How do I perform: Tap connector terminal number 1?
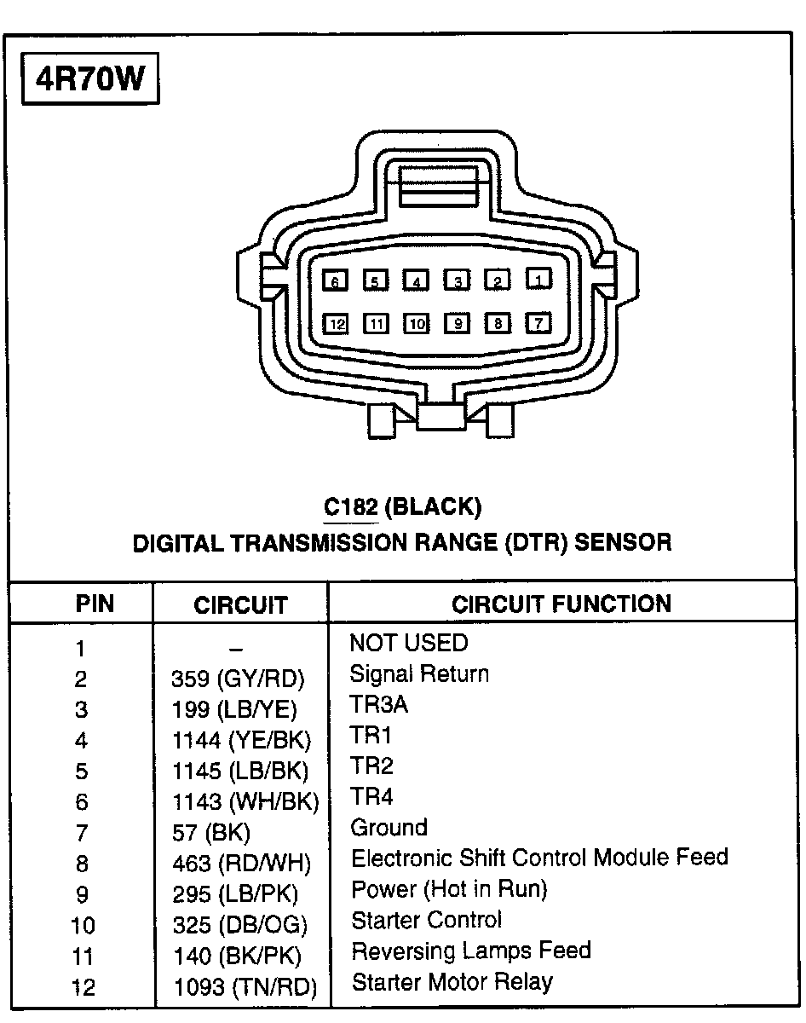538,278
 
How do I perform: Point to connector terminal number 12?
337,324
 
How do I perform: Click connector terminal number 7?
538,323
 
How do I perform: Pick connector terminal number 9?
458,324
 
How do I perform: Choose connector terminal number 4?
416,280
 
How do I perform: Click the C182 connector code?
350,507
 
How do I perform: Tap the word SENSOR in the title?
624,541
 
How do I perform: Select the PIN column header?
95,604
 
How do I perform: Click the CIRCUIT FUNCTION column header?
561,604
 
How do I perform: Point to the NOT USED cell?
409,643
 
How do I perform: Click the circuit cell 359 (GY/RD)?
238,679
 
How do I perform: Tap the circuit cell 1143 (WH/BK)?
245,801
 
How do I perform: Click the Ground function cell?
389,827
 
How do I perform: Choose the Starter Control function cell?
427,920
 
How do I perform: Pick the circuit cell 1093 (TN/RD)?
245,986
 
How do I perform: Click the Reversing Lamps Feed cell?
471,951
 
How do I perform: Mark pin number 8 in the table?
82,864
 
